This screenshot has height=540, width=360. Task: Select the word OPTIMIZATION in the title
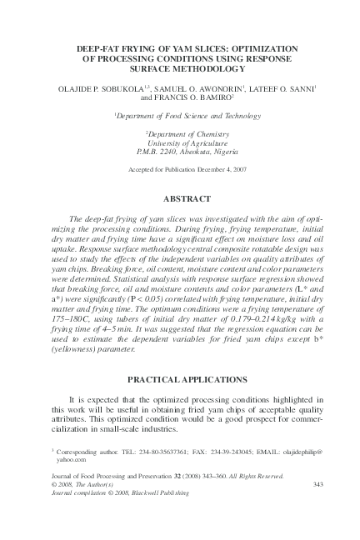(x=256, y=49)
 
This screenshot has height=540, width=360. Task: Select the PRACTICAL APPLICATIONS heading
(x=180, y=379)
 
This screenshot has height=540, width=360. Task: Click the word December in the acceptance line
(x=196, y=168)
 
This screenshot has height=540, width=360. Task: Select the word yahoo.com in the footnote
(x=72, y=458)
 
